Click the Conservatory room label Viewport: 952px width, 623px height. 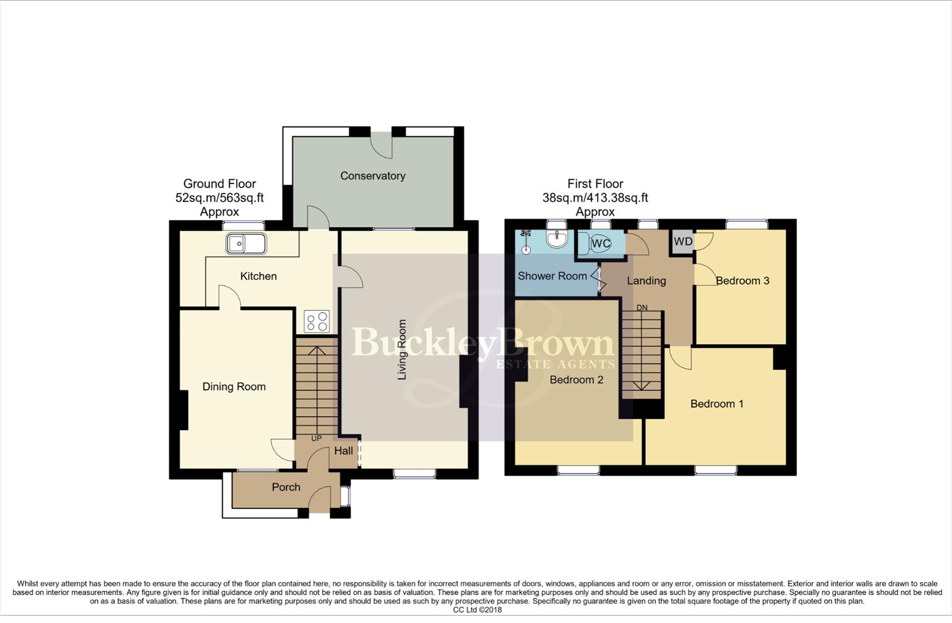372,176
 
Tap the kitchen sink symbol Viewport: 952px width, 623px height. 246,244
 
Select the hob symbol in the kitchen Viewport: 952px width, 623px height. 317,321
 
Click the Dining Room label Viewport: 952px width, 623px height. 234,387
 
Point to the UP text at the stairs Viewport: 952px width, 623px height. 316,438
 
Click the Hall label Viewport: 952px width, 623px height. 344,451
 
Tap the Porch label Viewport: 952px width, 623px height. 286,487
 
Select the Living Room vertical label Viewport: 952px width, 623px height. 402,350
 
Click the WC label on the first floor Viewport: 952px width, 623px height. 601,243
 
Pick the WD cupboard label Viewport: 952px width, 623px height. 683,242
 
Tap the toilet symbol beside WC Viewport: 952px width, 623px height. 584,244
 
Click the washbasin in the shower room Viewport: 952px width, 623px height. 557,239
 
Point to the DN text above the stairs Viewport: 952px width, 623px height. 642,308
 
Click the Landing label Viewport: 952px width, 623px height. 646,281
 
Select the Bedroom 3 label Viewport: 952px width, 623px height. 742,281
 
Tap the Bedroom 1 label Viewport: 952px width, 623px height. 716,404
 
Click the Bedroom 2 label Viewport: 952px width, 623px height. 576,380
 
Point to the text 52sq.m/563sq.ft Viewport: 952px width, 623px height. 219,198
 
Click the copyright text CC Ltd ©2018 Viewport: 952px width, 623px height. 477,610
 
